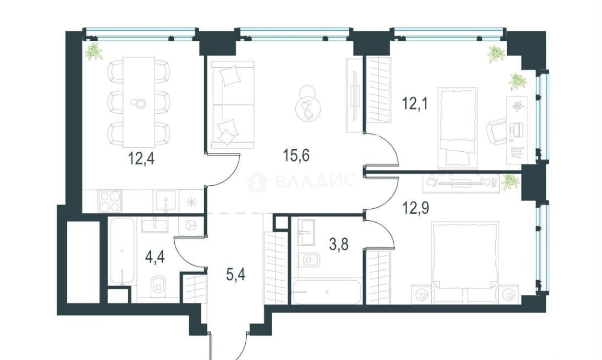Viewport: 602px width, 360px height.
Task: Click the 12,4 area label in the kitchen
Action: pyautogui.click(x=141, y=158)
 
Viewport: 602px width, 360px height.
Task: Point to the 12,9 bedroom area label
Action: pyautogui.click(x=415, y=208)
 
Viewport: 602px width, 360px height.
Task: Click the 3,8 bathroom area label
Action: pyautogui.click(x=339, y=245)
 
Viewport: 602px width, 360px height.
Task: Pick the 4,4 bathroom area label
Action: pyautogui.click(x=155, y=257)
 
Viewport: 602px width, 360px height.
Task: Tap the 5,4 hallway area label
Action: pyautogui.click(x=236, y=275)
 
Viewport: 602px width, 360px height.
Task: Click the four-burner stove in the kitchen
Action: pyautogui.click(x=109, y=201)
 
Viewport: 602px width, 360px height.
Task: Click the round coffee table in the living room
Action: pyautogui.click(x=308, y=108)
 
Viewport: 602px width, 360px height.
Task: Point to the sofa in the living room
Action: pyautogui.click(x=233, y=105)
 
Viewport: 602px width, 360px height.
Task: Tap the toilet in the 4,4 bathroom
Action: pyautogui.click(x=158, y=287)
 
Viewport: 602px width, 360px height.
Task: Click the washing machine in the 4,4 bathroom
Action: pyautogui.click(x=191, y=226)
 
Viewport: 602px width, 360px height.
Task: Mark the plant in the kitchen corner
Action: pyautogui.click(x=93, y=51)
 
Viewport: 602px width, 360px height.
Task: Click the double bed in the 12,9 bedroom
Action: pyautogui.click(x=465, y=263)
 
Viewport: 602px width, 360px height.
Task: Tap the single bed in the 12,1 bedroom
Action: pyautogui.click(x=458, y=128)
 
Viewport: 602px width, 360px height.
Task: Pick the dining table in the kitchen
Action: pyautogui.click(x=139, y=102)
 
